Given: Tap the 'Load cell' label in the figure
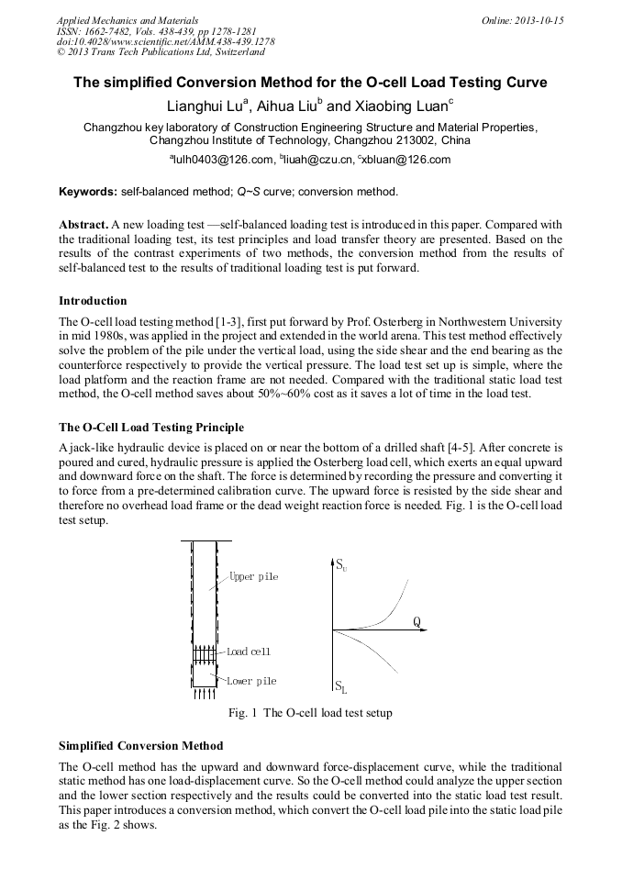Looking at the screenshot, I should [249, 651].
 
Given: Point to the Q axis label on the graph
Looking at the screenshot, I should [417, 621].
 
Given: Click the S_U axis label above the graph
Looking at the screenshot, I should [340, 563].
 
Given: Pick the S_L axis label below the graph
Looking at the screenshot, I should [340, 686].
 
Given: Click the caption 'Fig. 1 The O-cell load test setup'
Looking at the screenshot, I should [310, 713].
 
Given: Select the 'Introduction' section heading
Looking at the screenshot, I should [93, 300].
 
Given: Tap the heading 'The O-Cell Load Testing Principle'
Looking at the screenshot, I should [151, 427].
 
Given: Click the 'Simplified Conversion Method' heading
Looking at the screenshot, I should [140, 745].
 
